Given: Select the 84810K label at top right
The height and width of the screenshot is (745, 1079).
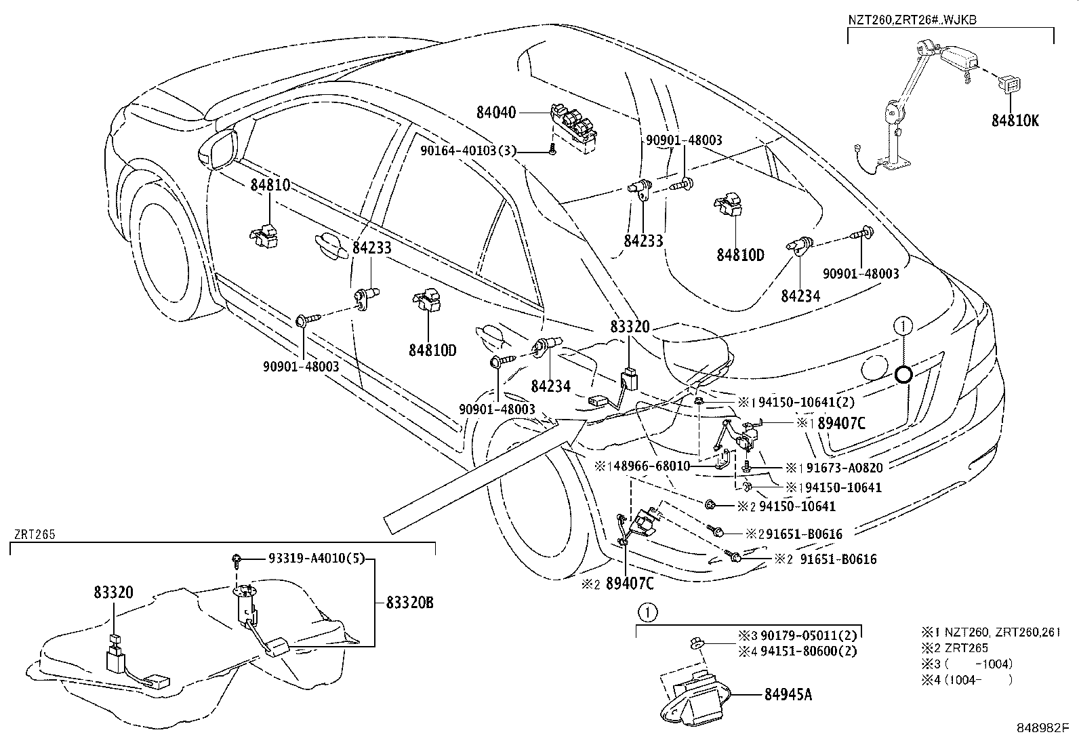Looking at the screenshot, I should pos(1015,121).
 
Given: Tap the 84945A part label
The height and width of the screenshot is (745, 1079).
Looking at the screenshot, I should pos(788,695).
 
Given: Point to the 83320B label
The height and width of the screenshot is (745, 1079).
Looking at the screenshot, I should pos(409,603).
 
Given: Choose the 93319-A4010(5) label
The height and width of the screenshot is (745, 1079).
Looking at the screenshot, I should pos(306,559).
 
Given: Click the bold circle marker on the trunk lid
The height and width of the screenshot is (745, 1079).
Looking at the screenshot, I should pos(903,374).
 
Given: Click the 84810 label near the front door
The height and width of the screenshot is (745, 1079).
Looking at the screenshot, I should pos(270,184).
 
